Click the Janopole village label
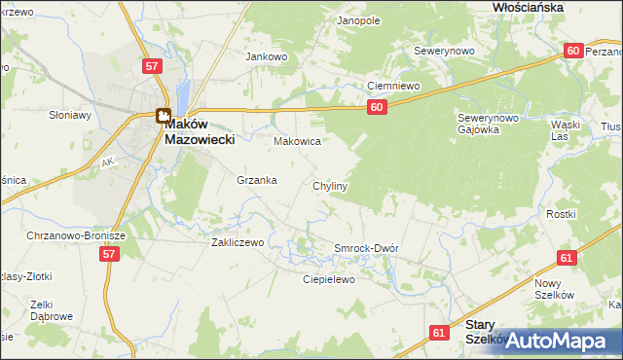357,19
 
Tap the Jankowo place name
267,56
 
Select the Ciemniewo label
392,87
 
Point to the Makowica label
297,141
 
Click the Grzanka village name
257,180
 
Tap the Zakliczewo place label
238,242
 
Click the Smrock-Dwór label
366,248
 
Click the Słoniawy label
70,115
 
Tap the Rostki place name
561,214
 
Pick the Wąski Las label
566,130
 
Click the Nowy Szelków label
555,288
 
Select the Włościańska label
529,6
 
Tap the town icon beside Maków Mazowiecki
163,116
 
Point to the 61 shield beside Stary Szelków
439,333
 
